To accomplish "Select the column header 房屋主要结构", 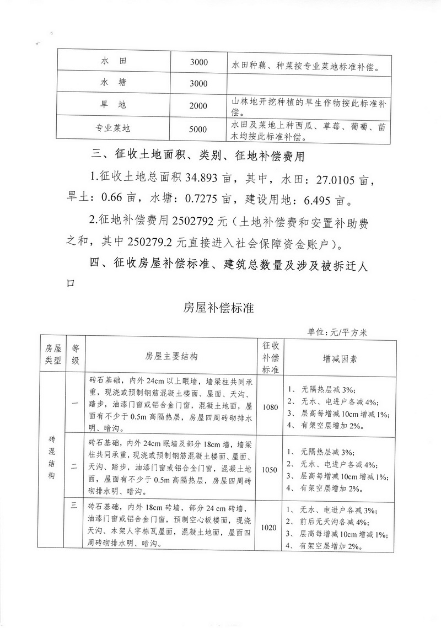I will [x=172, y=357].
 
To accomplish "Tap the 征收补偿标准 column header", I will [x=270, y=357].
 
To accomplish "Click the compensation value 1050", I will [x=270, y=470].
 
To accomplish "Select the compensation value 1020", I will [x=270, y=528].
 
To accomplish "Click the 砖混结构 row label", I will [x=51, y=458].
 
